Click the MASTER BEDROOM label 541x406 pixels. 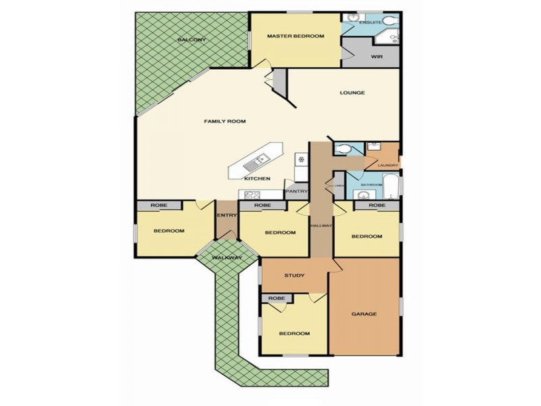[295, 36]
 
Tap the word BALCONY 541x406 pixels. [191, 41]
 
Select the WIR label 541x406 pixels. [377, 57]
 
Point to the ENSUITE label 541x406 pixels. [371, 22]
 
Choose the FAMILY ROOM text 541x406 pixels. [225, 121]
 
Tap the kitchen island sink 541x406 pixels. [259, 161]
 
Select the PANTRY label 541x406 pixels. [296, 191]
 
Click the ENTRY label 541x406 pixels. [226, 215]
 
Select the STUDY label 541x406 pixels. [294, 275]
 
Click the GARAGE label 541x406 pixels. [364, 314]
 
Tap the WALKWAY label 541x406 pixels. [227, 258]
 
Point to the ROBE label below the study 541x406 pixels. [276, 298]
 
